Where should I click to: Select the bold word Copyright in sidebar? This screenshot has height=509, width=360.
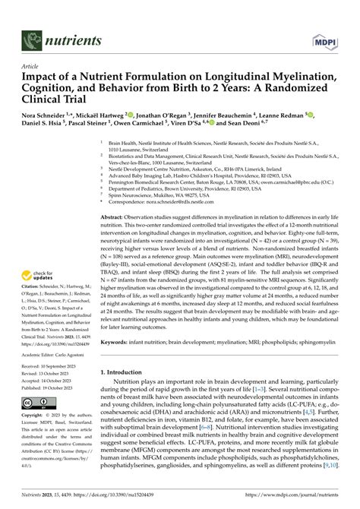pyautogui.click(x=34, y=416)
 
